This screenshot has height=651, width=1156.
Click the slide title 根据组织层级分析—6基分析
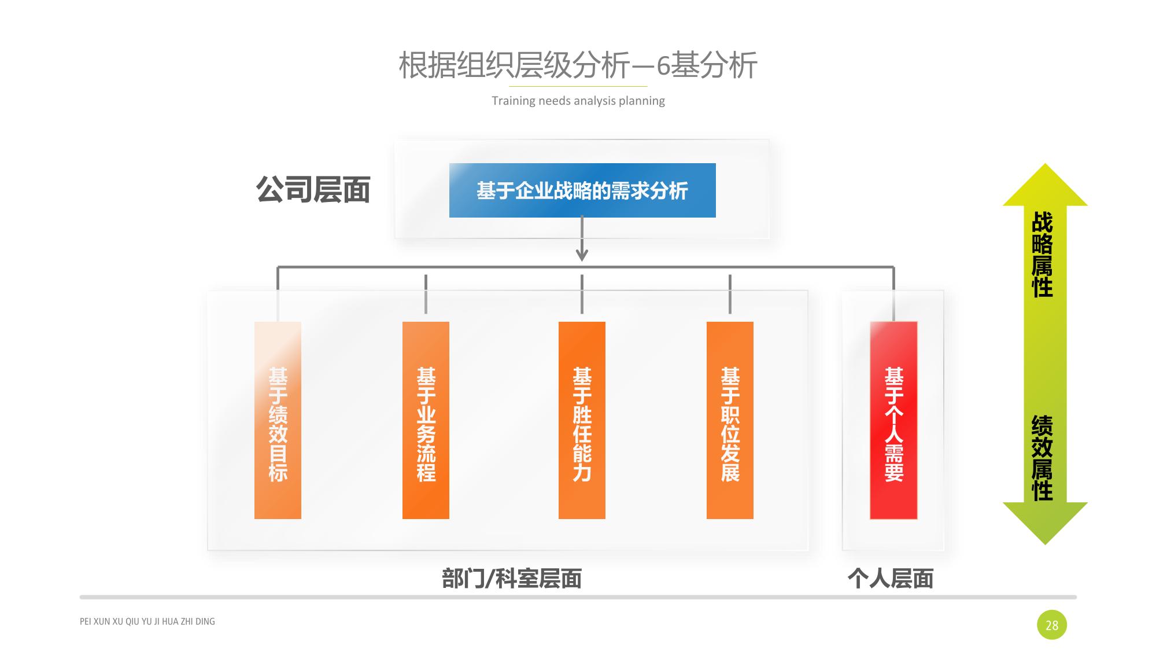(578, 65)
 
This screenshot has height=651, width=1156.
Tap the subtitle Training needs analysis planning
(578, 101)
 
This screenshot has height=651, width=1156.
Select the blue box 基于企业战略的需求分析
(582, 190)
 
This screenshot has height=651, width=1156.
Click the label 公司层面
(313, 190)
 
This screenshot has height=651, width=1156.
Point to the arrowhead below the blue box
(582, 255)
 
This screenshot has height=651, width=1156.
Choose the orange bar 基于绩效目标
(278, 420)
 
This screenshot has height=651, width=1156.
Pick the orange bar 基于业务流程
(426, 420)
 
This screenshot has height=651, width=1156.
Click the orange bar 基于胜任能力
(582, 420)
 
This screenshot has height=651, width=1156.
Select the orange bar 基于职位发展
(730, 420)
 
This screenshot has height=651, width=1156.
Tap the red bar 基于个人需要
(893, 420)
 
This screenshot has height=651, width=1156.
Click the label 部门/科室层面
(511, 579)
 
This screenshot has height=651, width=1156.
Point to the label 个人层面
(891, 579)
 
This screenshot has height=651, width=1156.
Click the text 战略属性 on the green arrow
(1042, 255)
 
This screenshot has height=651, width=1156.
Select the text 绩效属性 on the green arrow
(1042, 457)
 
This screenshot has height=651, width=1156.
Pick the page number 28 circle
(1051, 625)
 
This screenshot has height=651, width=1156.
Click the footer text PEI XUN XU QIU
(147, 621)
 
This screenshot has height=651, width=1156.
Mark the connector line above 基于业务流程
(426, 294)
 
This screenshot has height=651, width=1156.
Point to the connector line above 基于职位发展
(730, 294)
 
